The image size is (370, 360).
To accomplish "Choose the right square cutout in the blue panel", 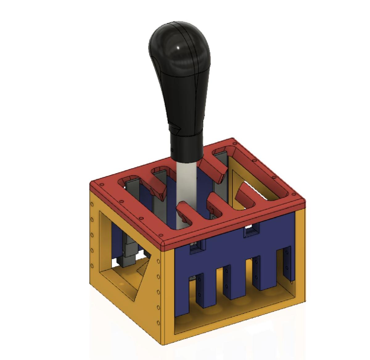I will pos(250,230).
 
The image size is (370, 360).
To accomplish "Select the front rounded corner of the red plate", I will pos(163,244).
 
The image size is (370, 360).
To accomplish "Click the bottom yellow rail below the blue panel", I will pos(234,321).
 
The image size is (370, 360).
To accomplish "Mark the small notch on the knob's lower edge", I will pos(176,127).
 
